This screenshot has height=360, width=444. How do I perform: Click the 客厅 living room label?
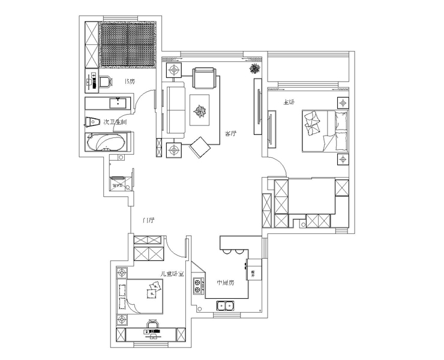[229, 134]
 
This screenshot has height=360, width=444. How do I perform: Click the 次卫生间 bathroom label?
[115, 122]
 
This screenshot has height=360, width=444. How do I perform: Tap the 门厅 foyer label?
[149, 220]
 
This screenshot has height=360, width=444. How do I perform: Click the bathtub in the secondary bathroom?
[106, 143]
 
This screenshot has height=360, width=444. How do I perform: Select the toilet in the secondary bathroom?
[91, 121]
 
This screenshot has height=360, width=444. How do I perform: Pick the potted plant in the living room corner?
[255, 69]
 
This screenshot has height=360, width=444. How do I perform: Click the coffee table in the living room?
[199, 110]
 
